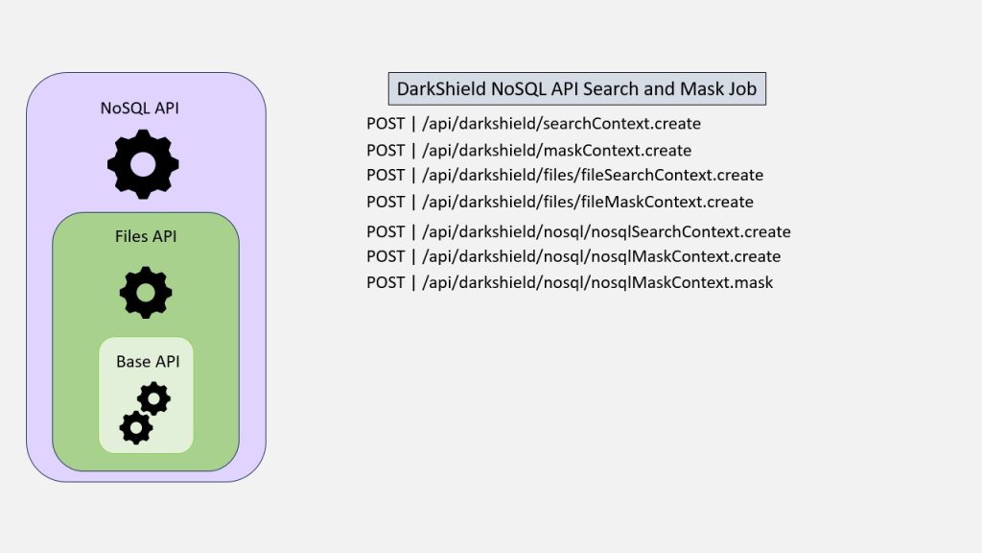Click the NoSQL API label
140,108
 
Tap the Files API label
145,235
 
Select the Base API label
148,361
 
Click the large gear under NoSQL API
143,164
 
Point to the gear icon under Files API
146,292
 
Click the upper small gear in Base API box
154,397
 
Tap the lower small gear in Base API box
136,426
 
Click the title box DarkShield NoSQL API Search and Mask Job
576,89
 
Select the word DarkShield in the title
441,89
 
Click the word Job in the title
739,89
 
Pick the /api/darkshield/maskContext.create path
556,151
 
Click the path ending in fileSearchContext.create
592,175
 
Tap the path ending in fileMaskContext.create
587,202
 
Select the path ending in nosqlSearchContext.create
606,231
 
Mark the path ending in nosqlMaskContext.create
601,256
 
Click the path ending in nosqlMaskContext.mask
597,282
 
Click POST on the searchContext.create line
386,124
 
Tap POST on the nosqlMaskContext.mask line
386,282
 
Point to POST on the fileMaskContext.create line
386,202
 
